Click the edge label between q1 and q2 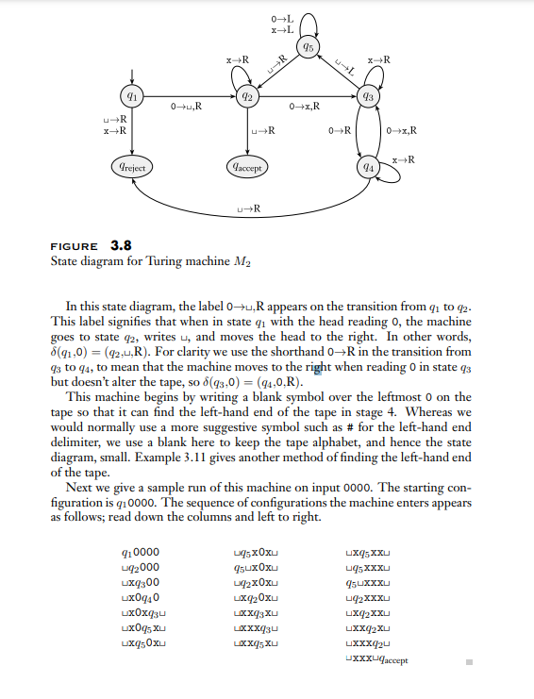click(185, 106)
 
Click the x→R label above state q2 click(237, 60)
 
